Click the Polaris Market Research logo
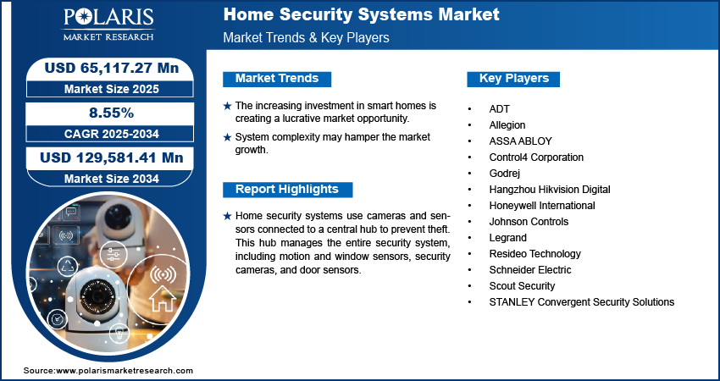[108, 24]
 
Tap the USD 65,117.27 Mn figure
[112, 68]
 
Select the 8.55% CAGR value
[111, 113]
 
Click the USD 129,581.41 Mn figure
[112, 157]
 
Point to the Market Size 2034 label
[112, 179]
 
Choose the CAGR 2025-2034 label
[112, 134]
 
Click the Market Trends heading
[277, 79]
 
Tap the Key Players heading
[514, 79]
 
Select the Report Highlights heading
[287, 189]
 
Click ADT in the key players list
[500, 109]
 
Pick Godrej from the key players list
[505, 174]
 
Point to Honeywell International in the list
[542, 206]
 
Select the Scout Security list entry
[522, 286]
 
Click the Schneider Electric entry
[530, 270]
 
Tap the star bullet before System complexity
[227, 137]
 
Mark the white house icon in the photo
[163, 297]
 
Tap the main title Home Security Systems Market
[362, 14]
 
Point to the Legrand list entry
[508, 238]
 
